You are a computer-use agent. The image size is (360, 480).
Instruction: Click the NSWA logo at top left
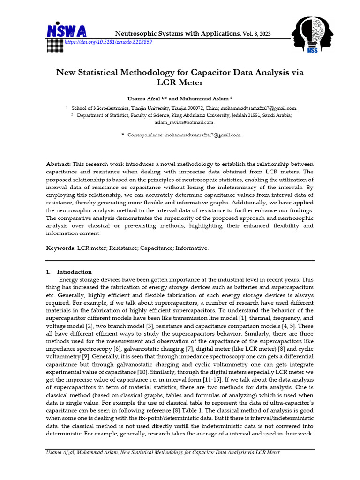67,31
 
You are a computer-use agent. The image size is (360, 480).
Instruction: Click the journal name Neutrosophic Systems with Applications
178,34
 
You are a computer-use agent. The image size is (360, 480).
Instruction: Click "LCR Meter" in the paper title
180,83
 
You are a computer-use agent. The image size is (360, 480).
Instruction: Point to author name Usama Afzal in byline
144,99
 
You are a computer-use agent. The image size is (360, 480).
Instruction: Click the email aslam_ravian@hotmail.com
184,122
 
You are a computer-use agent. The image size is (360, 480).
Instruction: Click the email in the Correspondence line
202,135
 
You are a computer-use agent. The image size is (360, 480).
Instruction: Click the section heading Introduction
75,272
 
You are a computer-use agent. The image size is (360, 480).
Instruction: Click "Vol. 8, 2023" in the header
256,34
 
